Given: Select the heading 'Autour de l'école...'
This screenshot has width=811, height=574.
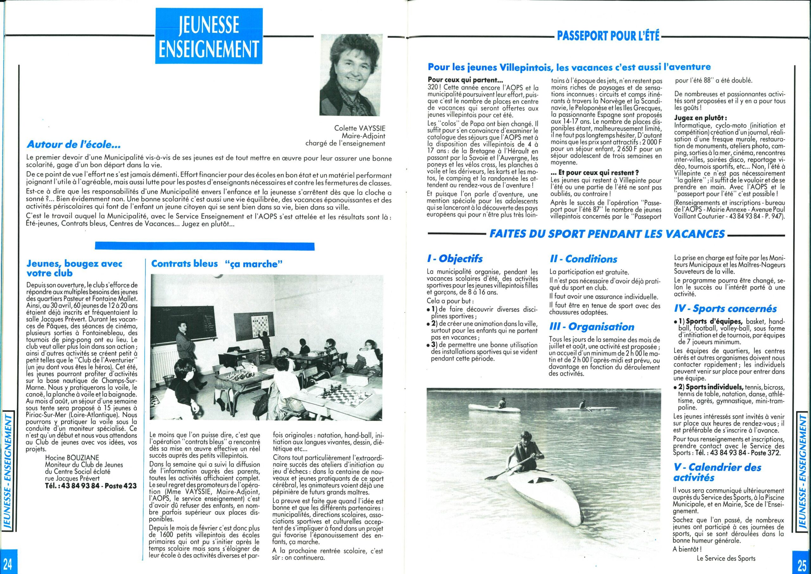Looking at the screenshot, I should [x=74, y=145].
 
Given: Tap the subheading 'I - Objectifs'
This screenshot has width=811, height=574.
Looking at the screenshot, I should [x=455, y=259].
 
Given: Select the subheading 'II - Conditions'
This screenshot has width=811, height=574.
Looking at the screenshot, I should [x=584, y=259].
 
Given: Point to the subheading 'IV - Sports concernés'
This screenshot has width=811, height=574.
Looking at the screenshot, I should [x=725, y=309].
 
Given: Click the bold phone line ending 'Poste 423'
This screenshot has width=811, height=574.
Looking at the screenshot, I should [x=91, y=486].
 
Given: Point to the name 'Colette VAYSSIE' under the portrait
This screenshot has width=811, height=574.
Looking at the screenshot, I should [x=360, y=128].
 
